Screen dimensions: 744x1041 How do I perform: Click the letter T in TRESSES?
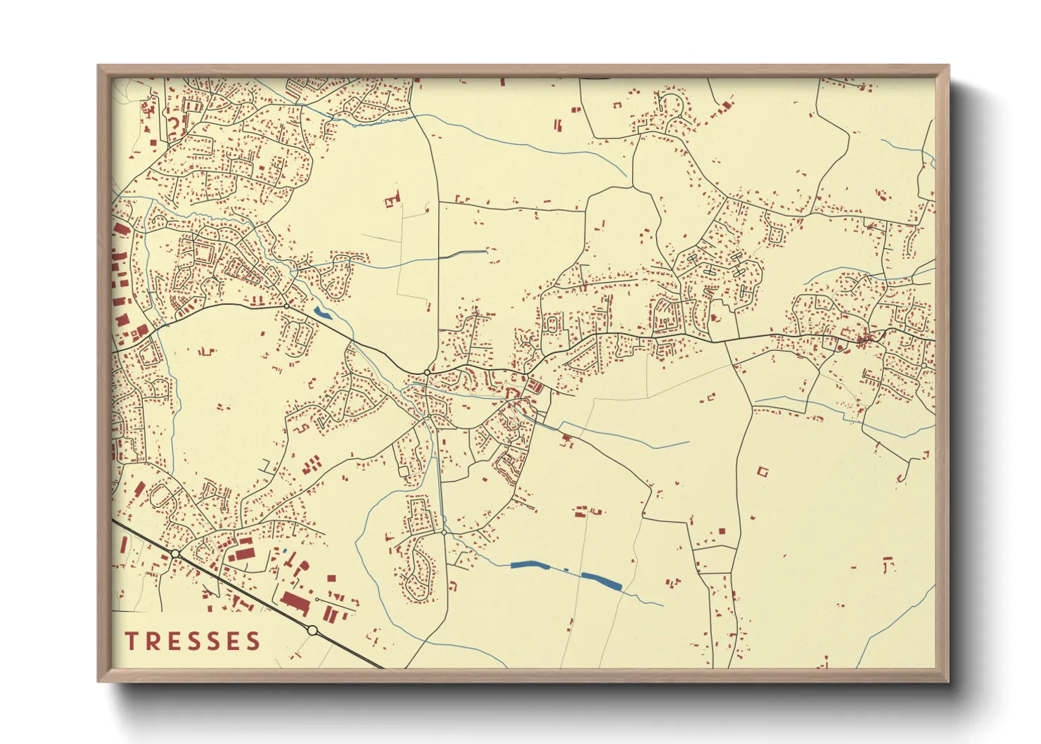[132, 641]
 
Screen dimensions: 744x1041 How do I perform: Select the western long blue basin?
[532, 565]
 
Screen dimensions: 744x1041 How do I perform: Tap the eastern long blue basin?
[602, 580]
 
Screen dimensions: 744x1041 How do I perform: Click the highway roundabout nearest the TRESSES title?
[312, 630]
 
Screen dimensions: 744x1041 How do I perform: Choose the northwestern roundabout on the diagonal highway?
[174, 554]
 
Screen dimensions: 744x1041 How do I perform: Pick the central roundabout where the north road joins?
[427, 371]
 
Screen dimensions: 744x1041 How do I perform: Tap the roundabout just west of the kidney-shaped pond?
[286, 305]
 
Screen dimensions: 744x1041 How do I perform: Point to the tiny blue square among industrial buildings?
[286, 550]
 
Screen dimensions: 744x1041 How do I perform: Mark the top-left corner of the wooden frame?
[98, 66]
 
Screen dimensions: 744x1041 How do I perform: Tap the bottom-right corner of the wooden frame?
[949, 681]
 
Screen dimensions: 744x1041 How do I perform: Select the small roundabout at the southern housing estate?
[444, 532]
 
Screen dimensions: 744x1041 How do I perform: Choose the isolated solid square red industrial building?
[331, 578]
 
